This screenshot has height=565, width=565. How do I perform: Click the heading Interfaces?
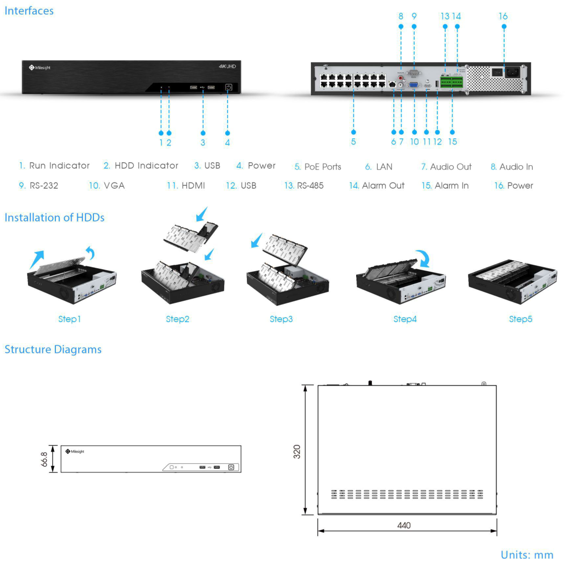tap(29, 11)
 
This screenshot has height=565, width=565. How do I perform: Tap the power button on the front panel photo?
tap(228, 87)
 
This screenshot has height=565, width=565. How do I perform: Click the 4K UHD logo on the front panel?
tap(227, 66)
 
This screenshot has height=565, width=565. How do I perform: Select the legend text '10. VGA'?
tap(106, 185)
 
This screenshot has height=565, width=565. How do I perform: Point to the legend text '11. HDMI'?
tap(186, 185)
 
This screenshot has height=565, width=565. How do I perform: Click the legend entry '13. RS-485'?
tap(304, 185)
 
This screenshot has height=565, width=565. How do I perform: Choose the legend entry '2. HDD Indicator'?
tap(141, 166)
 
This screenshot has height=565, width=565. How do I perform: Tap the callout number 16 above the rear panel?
tap(503, 16)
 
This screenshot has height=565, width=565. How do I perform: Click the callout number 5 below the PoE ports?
tap(353, 142)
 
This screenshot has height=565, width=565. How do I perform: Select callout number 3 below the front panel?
tap(203, 143)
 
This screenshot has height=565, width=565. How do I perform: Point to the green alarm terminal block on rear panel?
tap(452, 83)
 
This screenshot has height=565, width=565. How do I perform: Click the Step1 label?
tap(69, 319)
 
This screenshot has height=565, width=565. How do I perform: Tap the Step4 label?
tap(405, 319)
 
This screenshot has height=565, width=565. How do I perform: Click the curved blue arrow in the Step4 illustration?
tap(423, 258)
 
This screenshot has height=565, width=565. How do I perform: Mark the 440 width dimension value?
tap(404, 525)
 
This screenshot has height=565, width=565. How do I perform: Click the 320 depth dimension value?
tap(297, 451)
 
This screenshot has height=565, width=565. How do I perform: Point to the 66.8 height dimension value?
tap(44, 459)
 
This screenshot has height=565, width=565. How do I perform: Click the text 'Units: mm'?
tap(526, 554)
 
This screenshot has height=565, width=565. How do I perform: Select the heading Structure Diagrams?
tap(53, 349)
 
